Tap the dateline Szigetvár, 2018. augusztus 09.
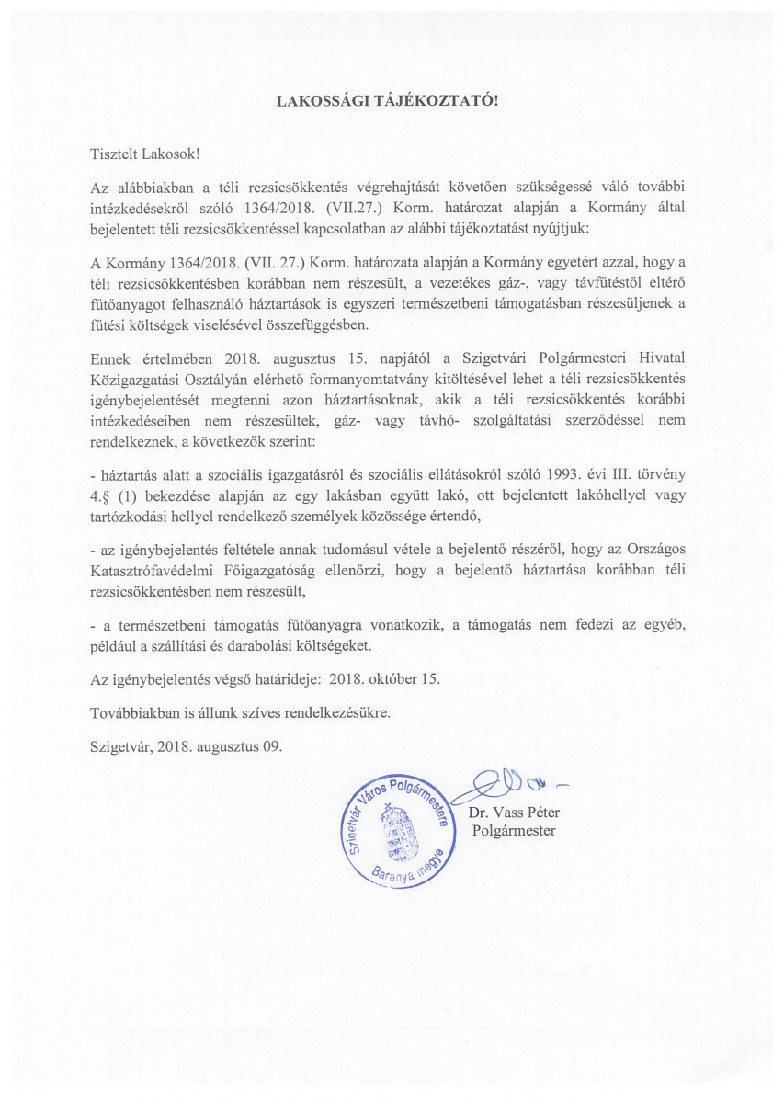coord(186,745)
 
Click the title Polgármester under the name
coord(513,831)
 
